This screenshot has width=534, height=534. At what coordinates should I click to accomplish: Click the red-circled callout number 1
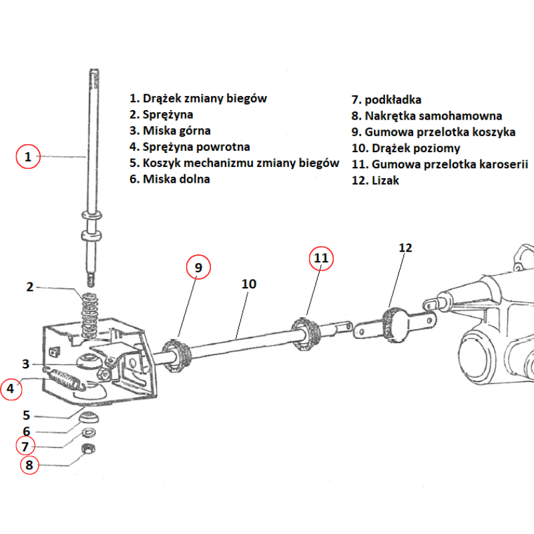click(x=28, y=158)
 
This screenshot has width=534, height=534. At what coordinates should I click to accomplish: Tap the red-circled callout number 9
click(x=198, y=267)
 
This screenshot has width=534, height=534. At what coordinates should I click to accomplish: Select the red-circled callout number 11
click(x=321, y=258)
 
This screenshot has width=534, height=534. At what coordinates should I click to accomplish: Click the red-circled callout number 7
click(x=25, y=446)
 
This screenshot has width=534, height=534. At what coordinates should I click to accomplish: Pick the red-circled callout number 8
click(x=28, y=465)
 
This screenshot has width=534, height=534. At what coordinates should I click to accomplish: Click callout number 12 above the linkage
click(x=405, y=248)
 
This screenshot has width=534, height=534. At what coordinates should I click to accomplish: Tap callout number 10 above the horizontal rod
click(x=248, y=284)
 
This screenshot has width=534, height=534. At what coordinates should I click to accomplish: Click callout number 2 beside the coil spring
click(x=29, y=288)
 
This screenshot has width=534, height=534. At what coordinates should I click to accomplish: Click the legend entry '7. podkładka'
click(x=386, y=100)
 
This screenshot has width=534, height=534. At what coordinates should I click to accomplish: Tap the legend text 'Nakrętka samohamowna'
click(x=433, y=116)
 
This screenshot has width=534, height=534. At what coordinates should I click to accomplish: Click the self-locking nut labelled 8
click(x=87, y=449)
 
